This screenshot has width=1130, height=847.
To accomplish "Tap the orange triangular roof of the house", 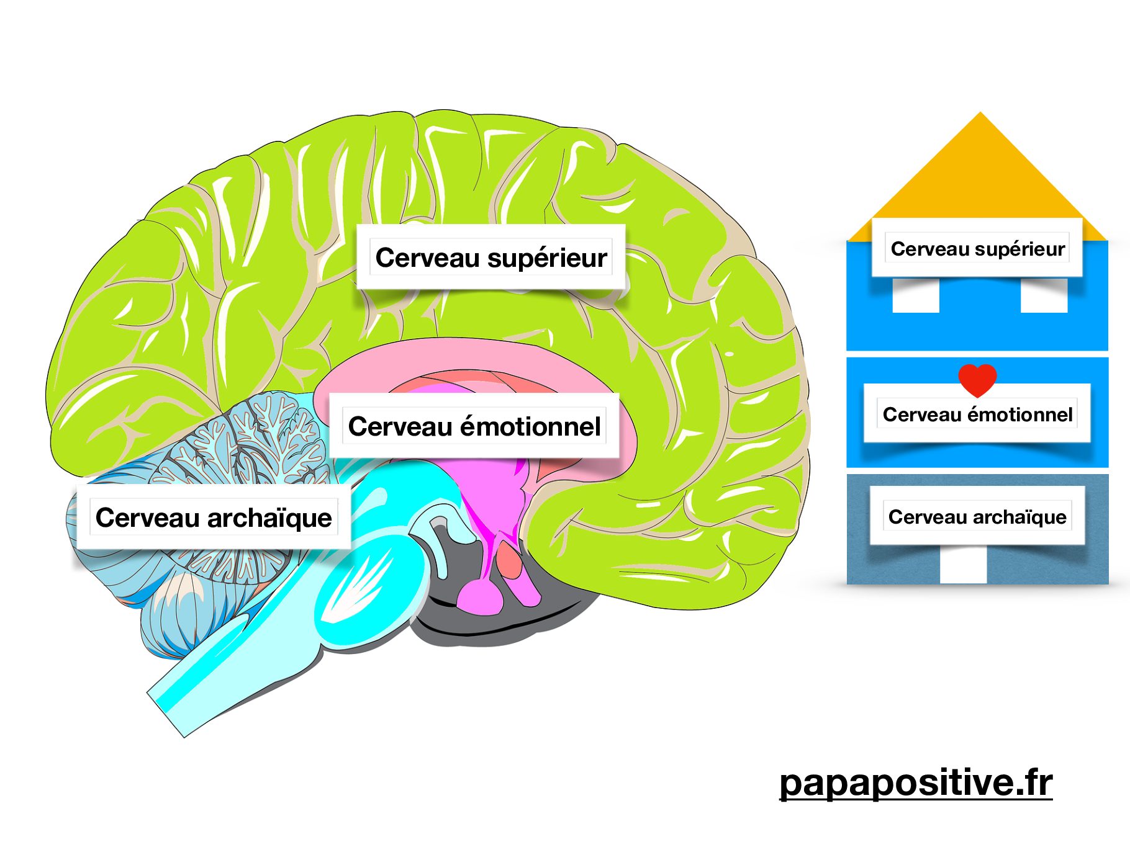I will (x=979, y=180).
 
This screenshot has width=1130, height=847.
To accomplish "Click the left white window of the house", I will (x=915, y=296).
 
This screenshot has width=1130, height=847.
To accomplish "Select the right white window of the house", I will (x=1044, y=296).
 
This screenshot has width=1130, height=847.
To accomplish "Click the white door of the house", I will (x=963, y=565).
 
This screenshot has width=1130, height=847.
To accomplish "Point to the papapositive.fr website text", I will (x=916, y=783).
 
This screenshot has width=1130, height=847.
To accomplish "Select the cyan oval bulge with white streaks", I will (x=360, y=589).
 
